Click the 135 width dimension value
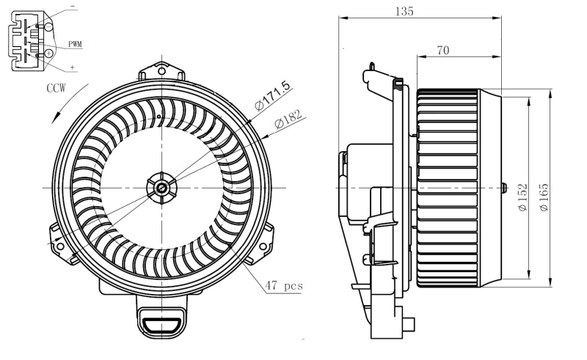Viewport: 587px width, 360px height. point(403,11)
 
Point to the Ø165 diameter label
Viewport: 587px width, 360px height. point(544,196)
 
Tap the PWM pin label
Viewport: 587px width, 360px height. point(75,44)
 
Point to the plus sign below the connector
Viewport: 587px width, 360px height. point(73,67)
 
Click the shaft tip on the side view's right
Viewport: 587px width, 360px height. point(504,188)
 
